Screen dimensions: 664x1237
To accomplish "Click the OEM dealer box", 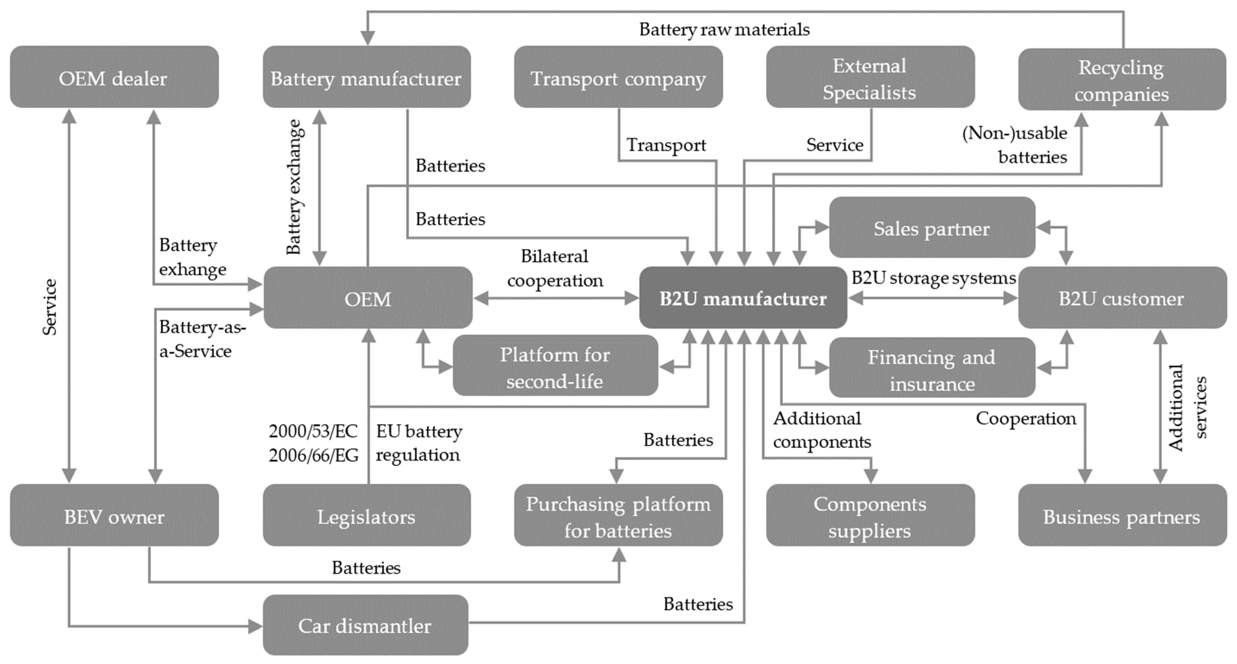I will [114, 77].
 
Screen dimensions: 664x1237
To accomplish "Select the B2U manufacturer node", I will [743, 298].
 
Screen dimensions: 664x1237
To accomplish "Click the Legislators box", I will [366, 515].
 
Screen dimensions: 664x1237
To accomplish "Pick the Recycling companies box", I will [1122, 80].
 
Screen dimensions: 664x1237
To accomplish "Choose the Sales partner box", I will [932, 228].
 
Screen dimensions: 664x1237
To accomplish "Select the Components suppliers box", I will [870, 515].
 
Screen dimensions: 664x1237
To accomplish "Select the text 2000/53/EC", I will [313, 431].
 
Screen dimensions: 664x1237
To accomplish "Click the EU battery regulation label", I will [419, 443].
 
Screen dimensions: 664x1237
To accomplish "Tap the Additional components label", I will [821, 430].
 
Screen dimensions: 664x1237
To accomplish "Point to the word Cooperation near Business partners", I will [1026, 418].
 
